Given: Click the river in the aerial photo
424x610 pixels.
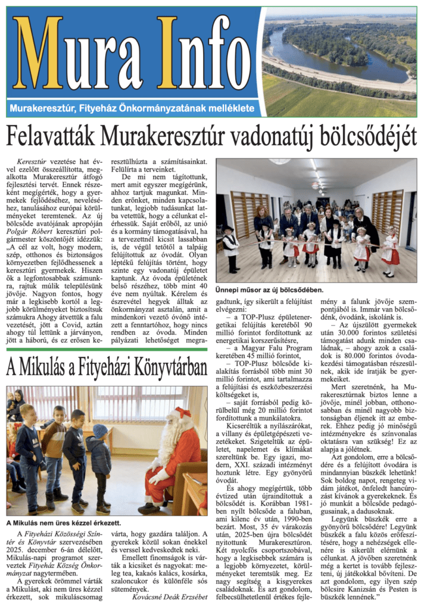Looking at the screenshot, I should tap(333, 60).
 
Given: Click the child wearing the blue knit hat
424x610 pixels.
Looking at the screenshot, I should tap(101, 459).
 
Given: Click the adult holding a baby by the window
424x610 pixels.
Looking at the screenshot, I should tap(16, 405).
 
